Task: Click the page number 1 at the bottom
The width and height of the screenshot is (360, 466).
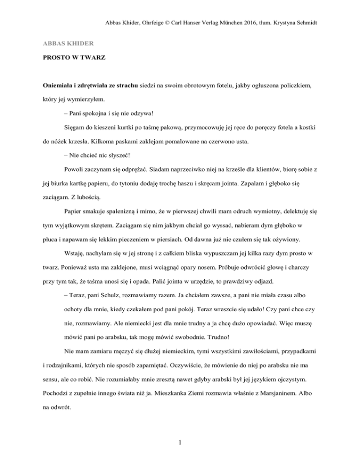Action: pyautogui.click(x=180, y=445)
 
